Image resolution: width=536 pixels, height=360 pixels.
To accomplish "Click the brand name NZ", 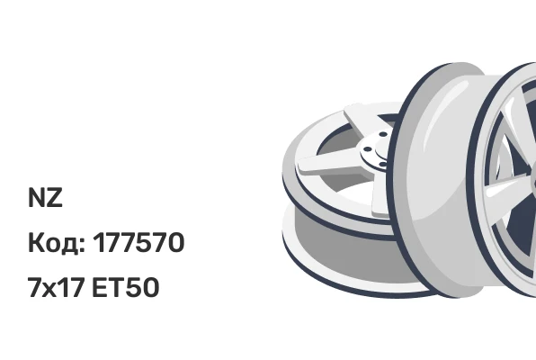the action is point(45,197).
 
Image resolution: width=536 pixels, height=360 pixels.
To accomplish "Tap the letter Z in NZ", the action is point(54,197).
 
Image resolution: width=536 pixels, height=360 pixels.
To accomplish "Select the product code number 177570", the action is point(138,243).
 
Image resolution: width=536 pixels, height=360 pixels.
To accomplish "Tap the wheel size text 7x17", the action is point(56,287).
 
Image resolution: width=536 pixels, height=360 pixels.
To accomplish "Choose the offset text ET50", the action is point(125,287).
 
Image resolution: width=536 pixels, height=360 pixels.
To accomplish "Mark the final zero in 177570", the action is point(174,243).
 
